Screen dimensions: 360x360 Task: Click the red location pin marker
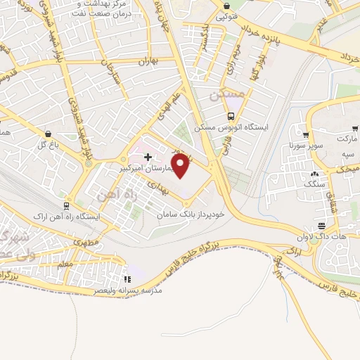[181, 165]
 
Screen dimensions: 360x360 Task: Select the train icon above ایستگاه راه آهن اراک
[65, 206]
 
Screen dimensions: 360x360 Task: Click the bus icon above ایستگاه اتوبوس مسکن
[231, 117]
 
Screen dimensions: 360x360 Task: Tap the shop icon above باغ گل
[47, 134]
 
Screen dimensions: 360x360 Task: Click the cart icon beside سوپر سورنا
[306, 136]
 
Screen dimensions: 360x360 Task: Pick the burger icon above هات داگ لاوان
[321, 226]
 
